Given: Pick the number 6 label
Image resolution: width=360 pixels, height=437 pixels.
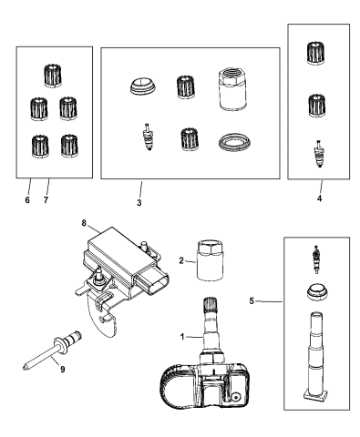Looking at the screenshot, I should pyautogui.click(x=28, y=198).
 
